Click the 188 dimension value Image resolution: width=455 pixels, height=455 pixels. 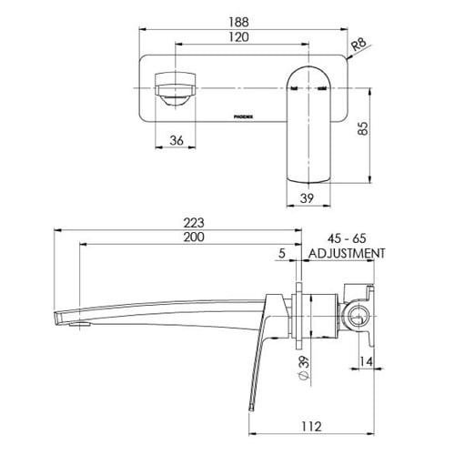[x=238, y=22]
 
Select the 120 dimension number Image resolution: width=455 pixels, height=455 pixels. [x=238, y=37]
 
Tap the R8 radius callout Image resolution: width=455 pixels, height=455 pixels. [x=359, y=45]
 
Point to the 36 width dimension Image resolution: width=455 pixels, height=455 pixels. [x=177, y=140]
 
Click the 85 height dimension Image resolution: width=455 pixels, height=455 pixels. [x=363, y=128]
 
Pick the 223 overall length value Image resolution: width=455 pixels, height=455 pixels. [x=194, y=223]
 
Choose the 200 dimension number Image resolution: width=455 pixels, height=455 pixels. [x=194, y=237]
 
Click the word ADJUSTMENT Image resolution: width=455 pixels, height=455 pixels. [x=347, y=253]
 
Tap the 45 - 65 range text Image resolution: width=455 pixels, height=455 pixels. [x=347, y=238]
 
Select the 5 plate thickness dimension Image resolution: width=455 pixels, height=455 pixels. [x=282, y=253]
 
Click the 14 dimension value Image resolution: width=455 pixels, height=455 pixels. [x=366, y=361]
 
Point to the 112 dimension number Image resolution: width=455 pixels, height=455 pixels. [x=311, y=427]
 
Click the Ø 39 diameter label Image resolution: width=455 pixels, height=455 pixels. [x=304, y=368]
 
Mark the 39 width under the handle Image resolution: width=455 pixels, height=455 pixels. [x=307, y=198]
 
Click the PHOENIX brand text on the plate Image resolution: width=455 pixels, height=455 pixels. [x=244, y=116]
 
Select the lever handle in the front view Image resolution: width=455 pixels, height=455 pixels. [x=308, y=125]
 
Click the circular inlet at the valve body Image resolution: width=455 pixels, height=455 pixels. [x=359, y=317]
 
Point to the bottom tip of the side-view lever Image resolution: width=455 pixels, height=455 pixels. [x=251, y=411]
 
